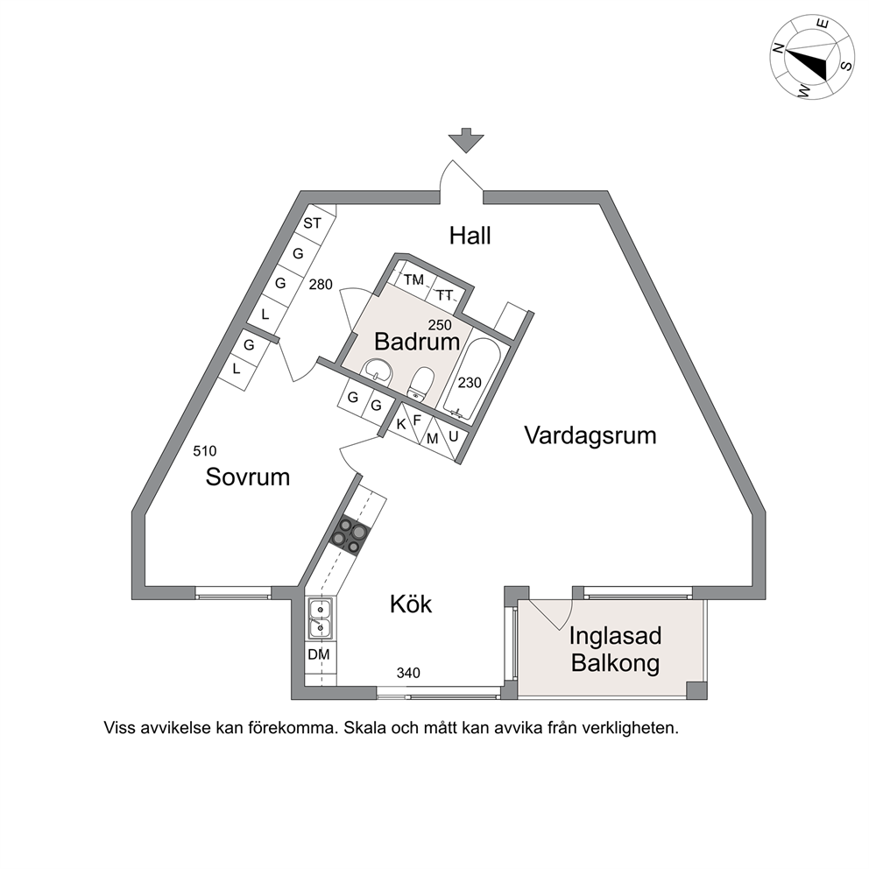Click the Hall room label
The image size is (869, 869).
coord(470,236)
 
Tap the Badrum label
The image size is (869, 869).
coord(417,341)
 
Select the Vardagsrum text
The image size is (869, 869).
coord(590,435)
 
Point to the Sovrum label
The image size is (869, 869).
coord(248,477)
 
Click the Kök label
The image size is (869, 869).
coord(411,604)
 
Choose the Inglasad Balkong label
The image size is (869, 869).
coord(615,649)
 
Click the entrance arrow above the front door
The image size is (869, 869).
coord(466,140)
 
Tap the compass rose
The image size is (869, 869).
coord(812,58)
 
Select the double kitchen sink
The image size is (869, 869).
coord(321,618)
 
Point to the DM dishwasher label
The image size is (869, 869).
coord(319,654)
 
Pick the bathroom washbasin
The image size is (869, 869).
coord(378,371)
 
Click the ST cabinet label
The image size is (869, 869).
coord(312,223)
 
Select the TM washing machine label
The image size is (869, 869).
coord(413,279)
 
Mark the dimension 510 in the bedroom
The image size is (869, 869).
coord(204,451)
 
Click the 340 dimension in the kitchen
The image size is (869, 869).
coord(408,673)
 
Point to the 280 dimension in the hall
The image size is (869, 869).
coord(321,285)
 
